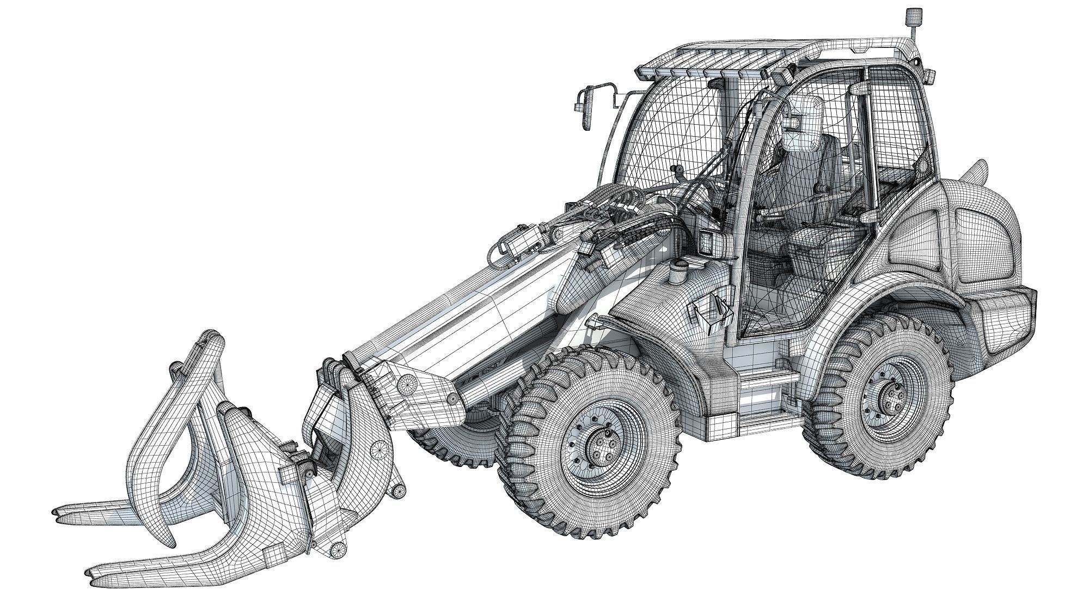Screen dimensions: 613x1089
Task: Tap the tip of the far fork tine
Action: (56, 512)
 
